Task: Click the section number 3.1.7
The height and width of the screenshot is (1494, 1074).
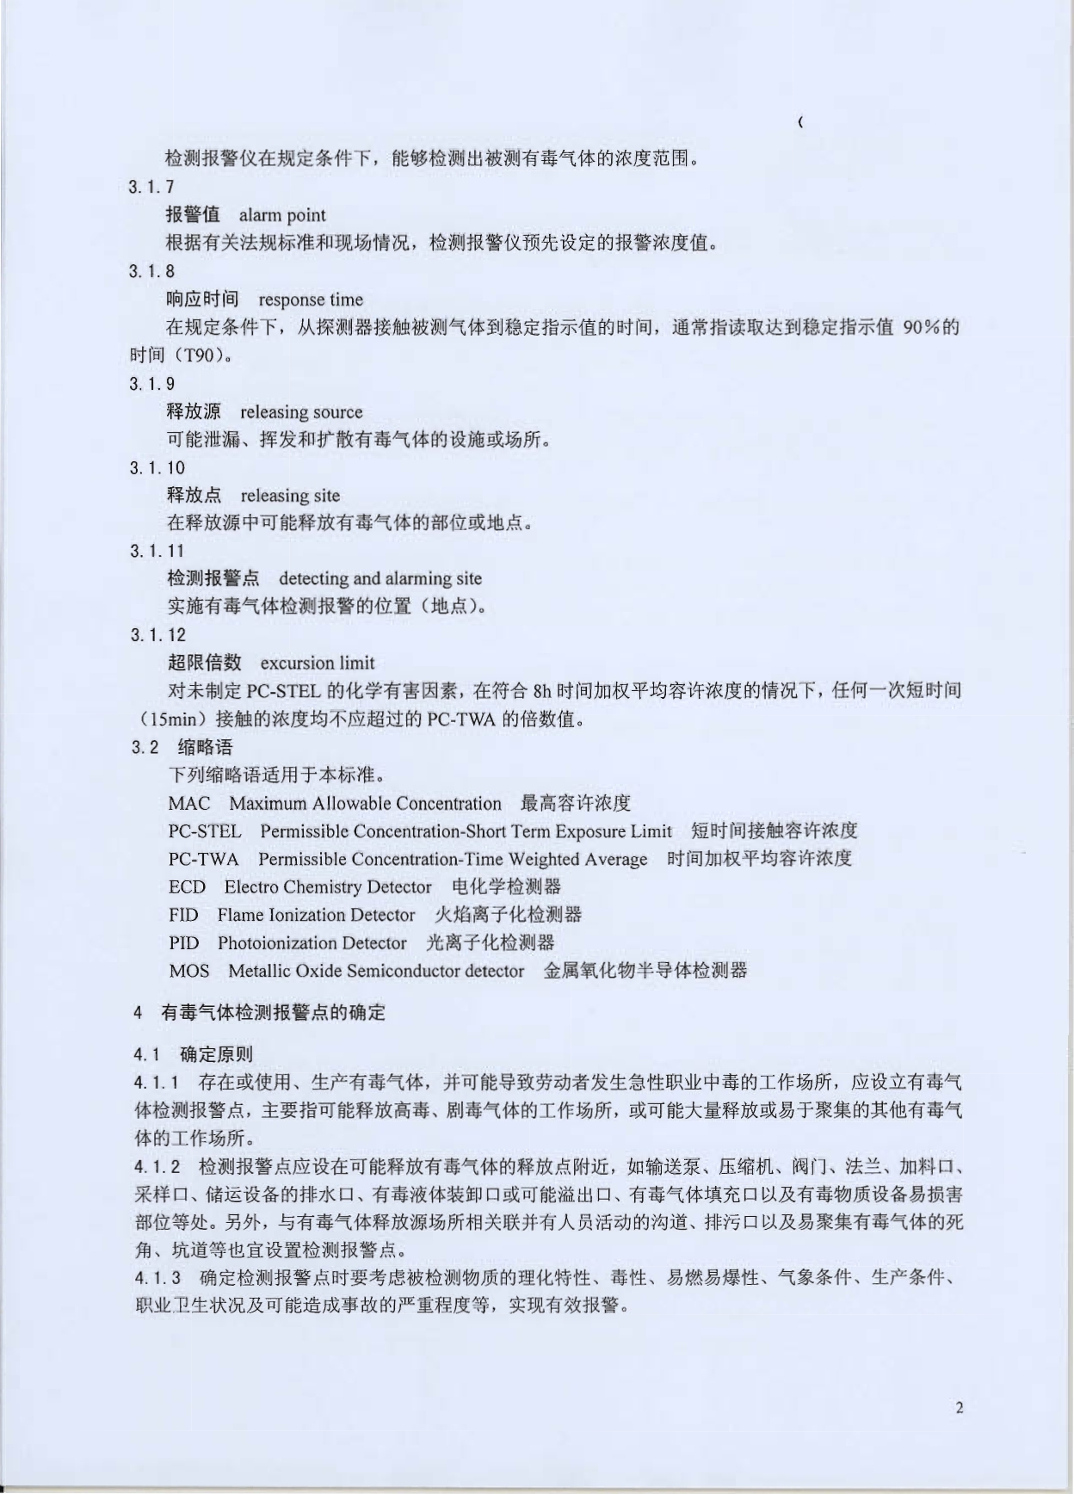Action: point(151,188)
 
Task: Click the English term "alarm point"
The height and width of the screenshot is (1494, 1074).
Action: point(282,215)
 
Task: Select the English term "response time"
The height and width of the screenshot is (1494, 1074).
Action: point(311,299)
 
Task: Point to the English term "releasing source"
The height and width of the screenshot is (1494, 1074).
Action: point(301,411)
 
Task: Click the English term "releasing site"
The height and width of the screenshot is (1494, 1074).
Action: point(290,496)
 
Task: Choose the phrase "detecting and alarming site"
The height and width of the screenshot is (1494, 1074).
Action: point(380,578)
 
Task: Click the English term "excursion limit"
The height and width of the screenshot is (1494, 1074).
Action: point(317,663)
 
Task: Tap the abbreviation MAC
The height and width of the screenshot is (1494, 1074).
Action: point(189,804)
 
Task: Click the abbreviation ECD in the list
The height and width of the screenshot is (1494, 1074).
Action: point(187,887)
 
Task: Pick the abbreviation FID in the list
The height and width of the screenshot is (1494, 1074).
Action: point(183,915)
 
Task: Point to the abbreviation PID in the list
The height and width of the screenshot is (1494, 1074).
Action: point(183,943)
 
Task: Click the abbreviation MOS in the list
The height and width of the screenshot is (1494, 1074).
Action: point(188,971)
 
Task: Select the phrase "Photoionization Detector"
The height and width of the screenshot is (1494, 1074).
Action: point(312,943)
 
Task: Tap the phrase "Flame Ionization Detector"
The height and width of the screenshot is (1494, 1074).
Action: point(316,915)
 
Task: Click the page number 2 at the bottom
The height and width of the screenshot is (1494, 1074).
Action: point(959,1408)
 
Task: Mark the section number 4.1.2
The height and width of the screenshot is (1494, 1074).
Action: point(157,1167)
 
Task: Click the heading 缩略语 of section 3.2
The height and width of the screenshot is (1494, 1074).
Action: point(205,747)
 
